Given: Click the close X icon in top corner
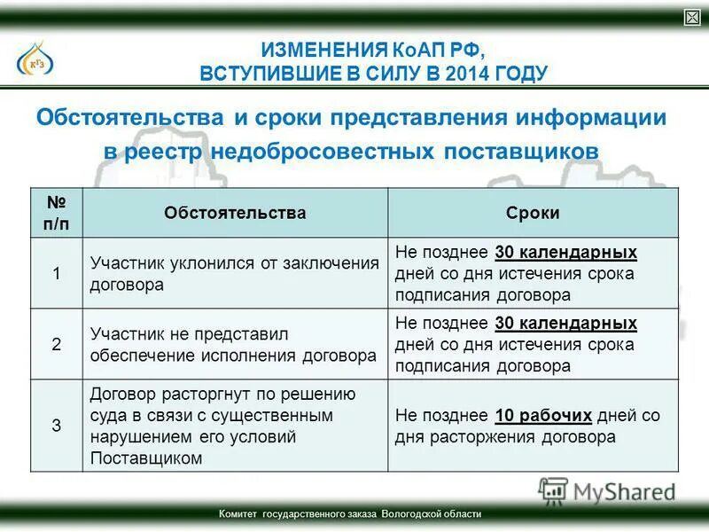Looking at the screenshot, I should coord(692,18).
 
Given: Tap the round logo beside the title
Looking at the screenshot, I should coord(35,60).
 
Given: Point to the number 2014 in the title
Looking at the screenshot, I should coord(474,73).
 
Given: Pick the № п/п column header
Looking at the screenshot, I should coord(56,213).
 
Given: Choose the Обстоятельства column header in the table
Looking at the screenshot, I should coord(235,213).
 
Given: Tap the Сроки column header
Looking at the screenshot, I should coord(533,213).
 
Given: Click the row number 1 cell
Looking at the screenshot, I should coord(56,273).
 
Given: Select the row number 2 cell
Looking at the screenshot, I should coord(56,344).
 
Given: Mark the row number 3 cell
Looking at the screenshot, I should coord(56,426).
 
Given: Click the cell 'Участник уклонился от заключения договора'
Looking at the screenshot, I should coord(235,273).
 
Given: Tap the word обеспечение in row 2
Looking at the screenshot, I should coord(136,356).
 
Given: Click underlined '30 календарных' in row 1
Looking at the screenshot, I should coord(566,252).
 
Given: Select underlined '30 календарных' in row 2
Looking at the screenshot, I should coord(566,323).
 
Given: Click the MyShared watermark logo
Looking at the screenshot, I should coord(607,489).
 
